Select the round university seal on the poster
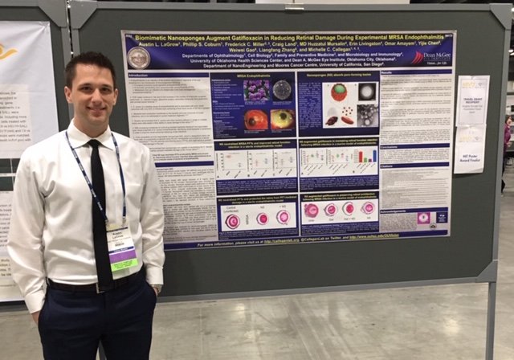(x=138, y=56)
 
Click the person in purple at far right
(x=508, y=137)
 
